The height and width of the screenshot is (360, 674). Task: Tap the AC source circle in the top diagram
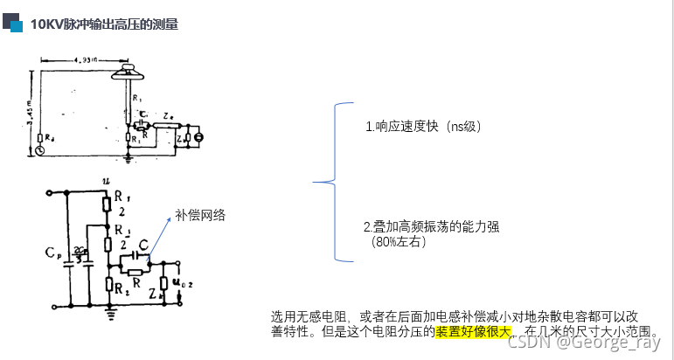coord(40,150)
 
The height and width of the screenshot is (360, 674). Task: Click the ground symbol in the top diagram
coord(129,160)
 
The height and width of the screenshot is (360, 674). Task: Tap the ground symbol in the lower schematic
coord(110,308)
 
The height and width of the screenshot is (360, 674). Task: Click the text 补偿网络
coord(200,215)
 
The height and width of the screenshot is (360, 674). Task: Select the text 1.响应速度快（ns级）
coord(423,127)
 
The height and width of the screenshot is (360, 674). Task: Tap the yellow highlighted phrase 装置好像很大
coord(476,332)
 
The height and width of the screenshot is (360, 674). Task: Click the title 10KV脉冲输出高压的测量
coord(104,24)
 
